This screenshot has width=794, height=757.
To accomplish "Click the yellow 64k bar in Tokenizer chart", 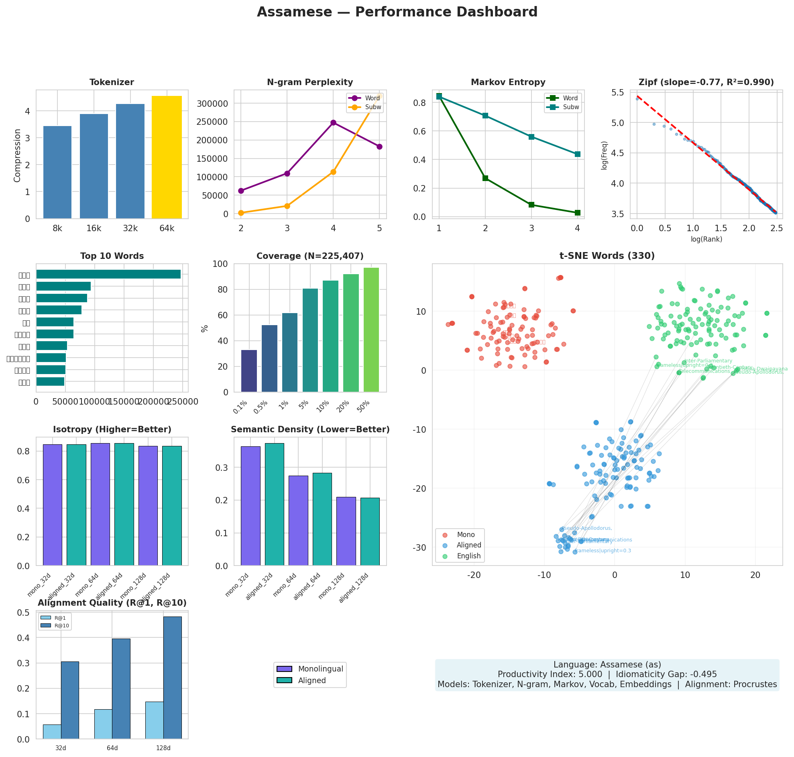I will click(167, 157).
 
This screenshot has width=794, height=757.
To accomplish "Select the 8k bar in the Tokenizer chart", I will click(57, 172).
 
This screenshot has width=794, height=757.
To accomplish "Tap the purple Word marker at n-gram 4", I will click(333, 123).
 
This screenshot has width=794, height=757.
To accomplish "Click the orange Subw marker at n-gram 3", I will click(287, 206).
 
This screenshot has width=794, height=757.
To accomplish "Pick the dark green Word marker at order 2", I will click(485, 178).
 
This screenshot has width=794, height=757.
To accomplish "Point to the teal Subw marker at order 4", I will click(577, 154).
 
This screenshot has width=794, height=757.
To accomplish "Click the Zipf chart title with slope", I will click(706, 82).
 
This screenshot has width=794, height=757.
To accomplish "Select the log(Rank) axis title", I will click(706, 239).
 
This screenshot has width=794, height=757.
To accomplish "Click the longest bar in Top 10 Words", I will click(108, 275).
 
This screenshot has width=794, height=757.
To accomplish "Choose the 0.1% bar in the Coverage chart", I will click(249, 371).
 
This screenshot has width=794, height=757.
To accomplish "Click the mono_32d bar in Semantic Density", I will click(250, 506).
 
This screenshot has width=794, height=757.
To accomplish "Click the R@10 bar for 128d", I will click(172, 678).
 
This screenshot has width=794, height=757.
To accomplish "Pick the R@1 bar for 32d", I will click(52, 732).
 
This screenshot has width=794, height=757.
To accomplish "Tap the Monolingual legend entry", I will click(320, 669).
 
